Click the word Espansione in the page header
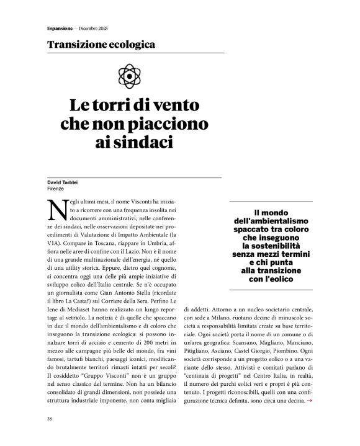[x=60, y=27]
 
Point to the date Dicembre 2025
[x=93, y=27]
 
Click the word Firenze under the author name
[x=56, y=188]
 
